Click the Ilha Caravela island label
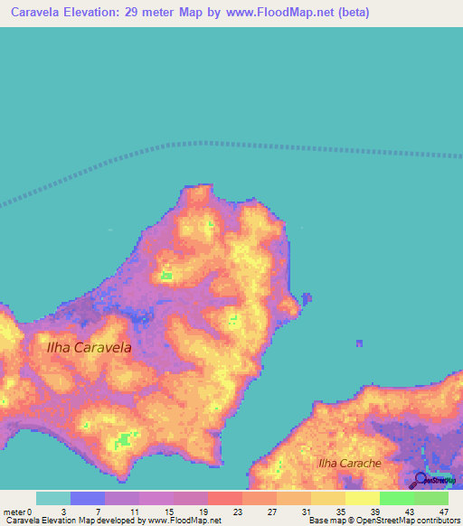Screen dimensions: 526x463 pyautogui.click(x=90, y=347)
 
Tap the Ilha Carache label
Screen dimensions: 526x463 pyautogui.click(x=349, y=463)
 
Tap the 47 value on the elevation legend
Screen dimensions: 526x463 pyautogui.click(x=445, y=512)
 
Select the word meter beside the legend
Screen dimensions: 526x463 pyautogui.click(x=14, y=512)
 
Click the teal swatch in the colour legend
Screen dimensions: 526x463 pyautogui.click(x=52, y=498)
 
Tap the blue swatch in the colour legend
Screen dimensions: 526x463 pyautogui.click(x=87, y=498)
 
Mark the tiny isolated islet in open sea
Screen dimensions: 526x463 pyautogui.click(x=359, y=343)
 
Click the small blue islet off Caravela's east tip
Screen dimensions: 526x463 pyautogui.click(x=307, y=297)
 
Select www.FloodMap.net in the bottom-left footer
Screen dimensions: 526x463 pyautogui.click(x=185, y=521)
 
